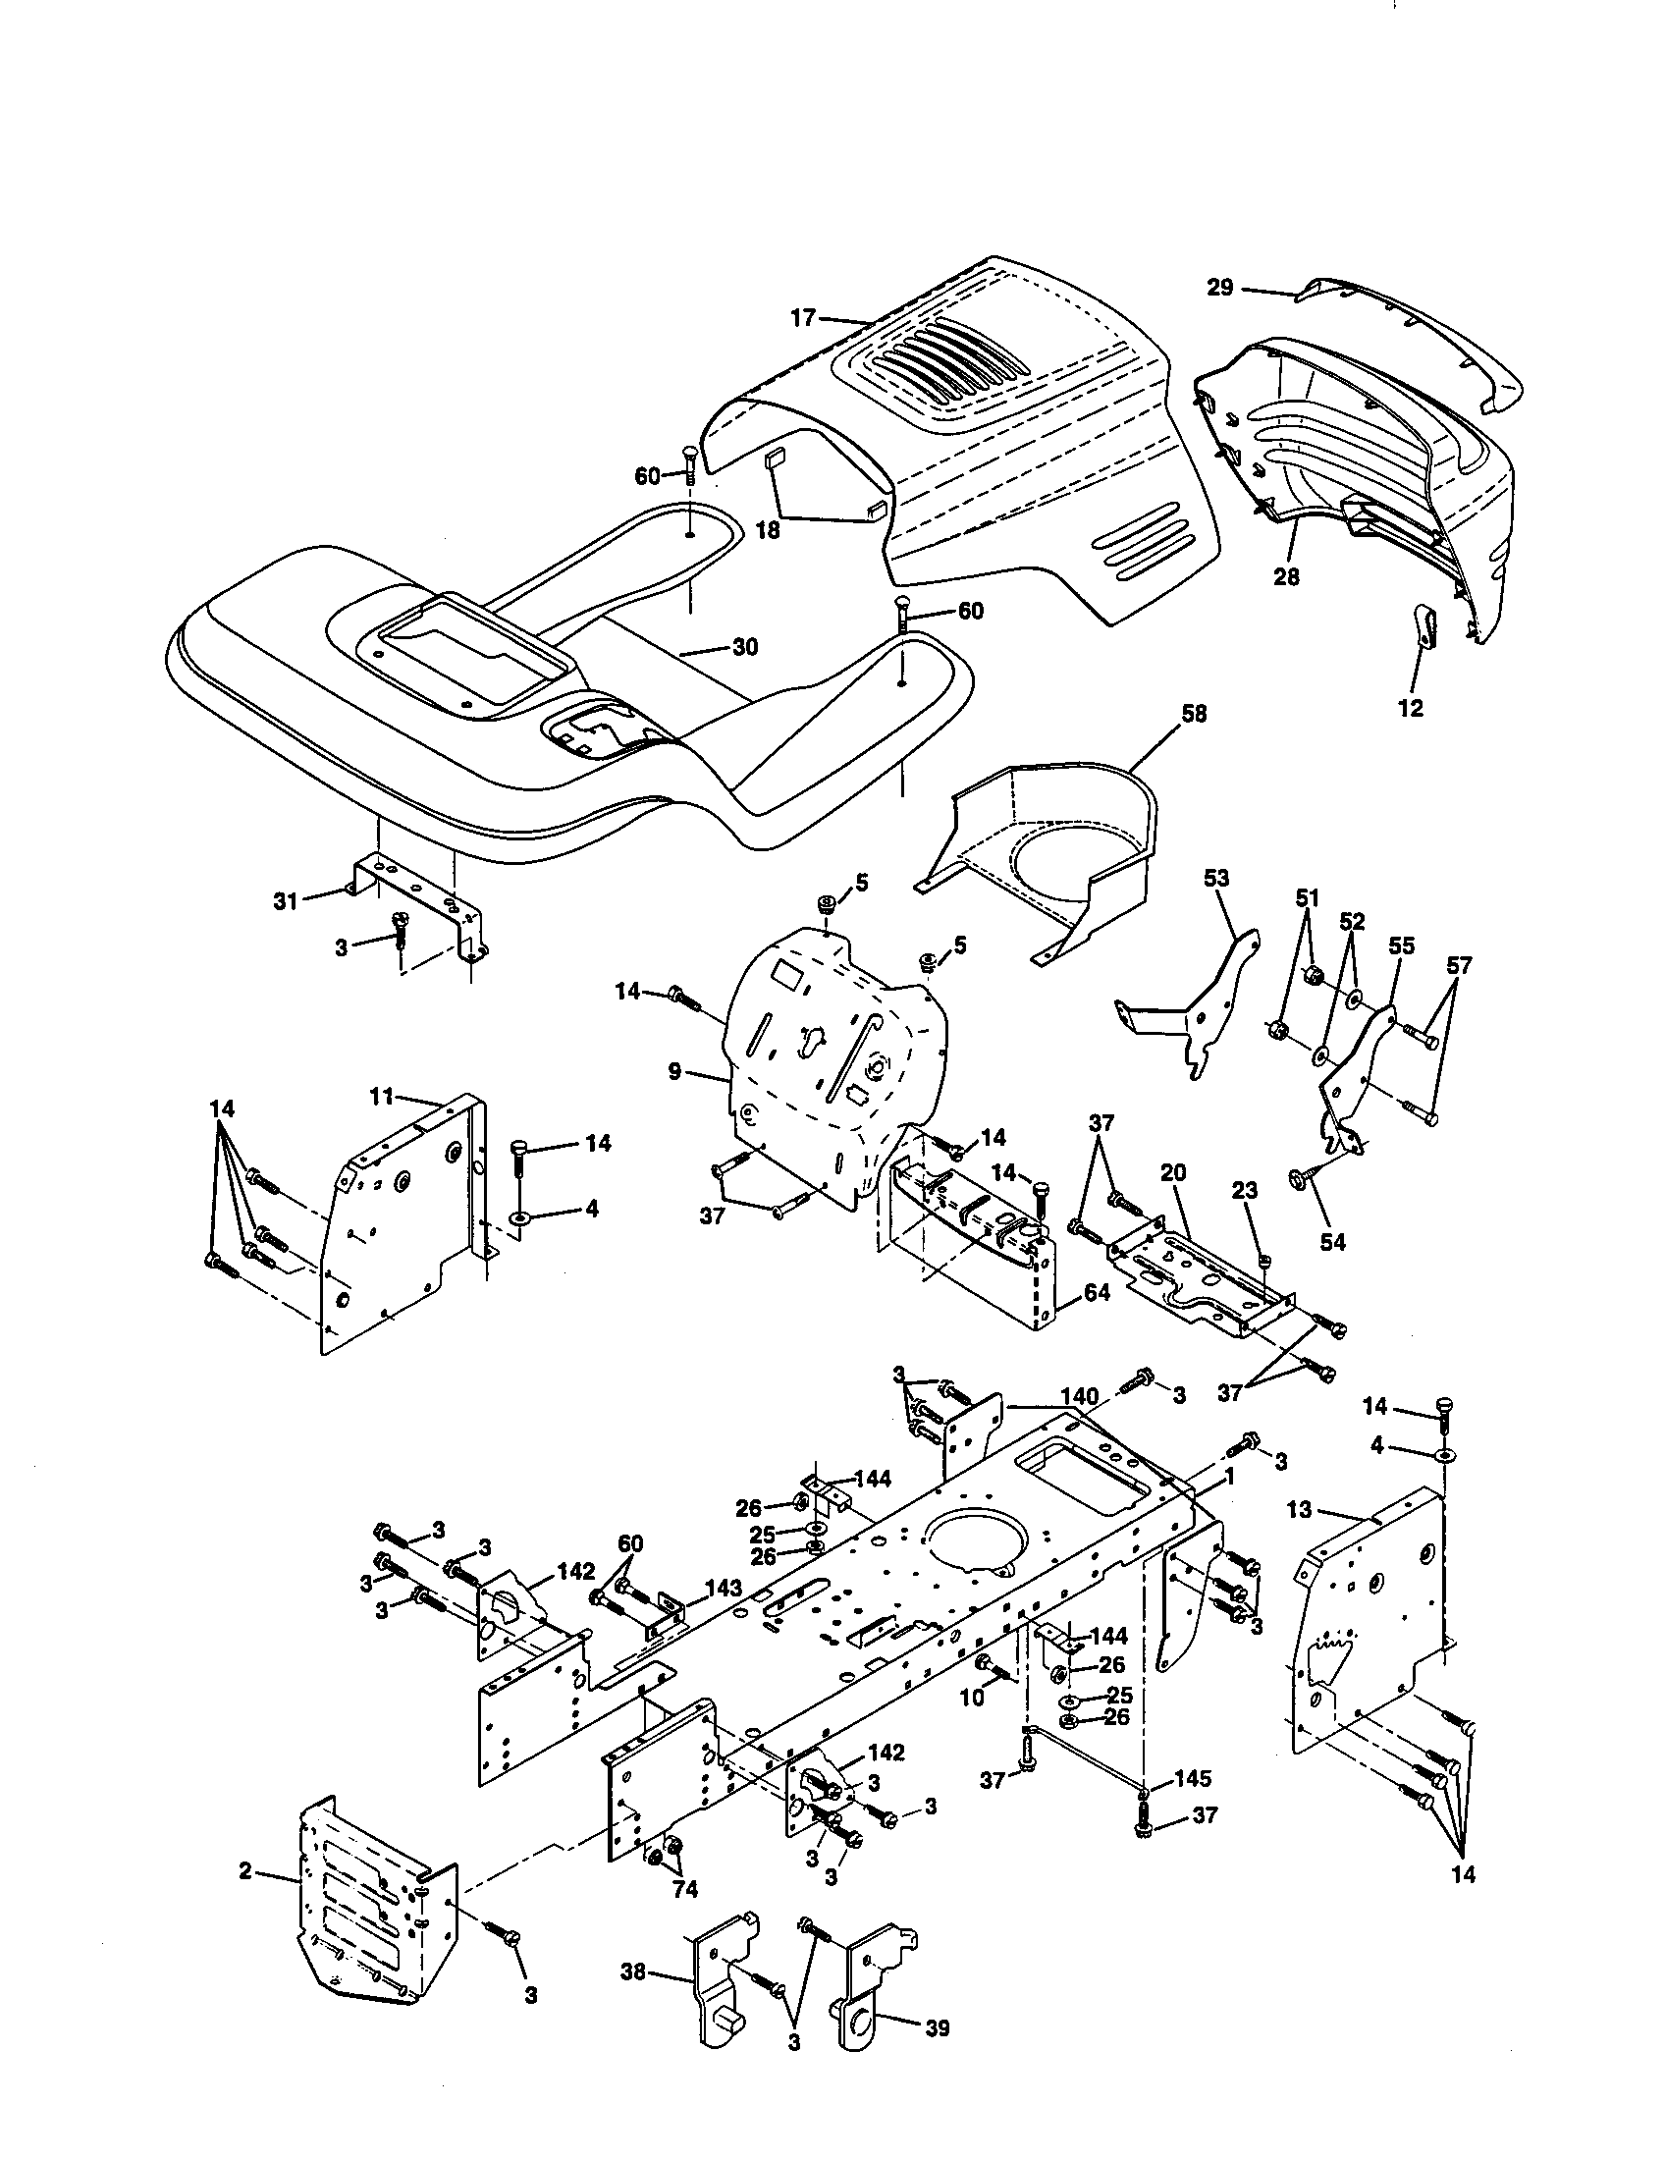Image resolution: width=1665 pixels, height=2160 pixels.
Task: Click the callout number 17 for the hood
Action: click(802, 317)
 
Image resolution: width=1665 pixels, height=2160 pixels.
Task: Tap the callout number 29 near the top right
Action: click(1220, 288)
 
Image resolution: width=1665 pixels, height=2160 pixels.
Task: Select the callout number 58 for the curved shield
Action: click(1194, 714)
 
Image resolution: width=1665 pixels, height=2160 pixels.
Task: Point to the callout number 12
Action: click(1410, 708)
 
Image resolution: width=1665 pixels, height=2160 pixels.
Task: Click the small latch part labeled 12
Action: click(1423, 625)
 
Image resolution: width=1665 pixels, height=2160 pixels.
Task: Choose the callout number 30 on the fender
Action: click(744, 647)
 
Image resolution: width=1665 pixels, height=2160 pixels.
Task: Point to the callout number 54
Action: click(1333, 1242)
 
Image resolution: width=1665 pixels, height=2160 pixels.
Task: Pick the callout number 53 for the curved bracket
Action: click(1216, 876)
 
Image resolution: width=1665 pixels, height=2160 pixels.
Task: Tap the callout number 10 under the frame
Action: click(972, 1698)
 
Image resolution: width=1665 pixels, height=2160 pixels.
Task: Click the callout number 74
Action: click(684, 1889)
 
